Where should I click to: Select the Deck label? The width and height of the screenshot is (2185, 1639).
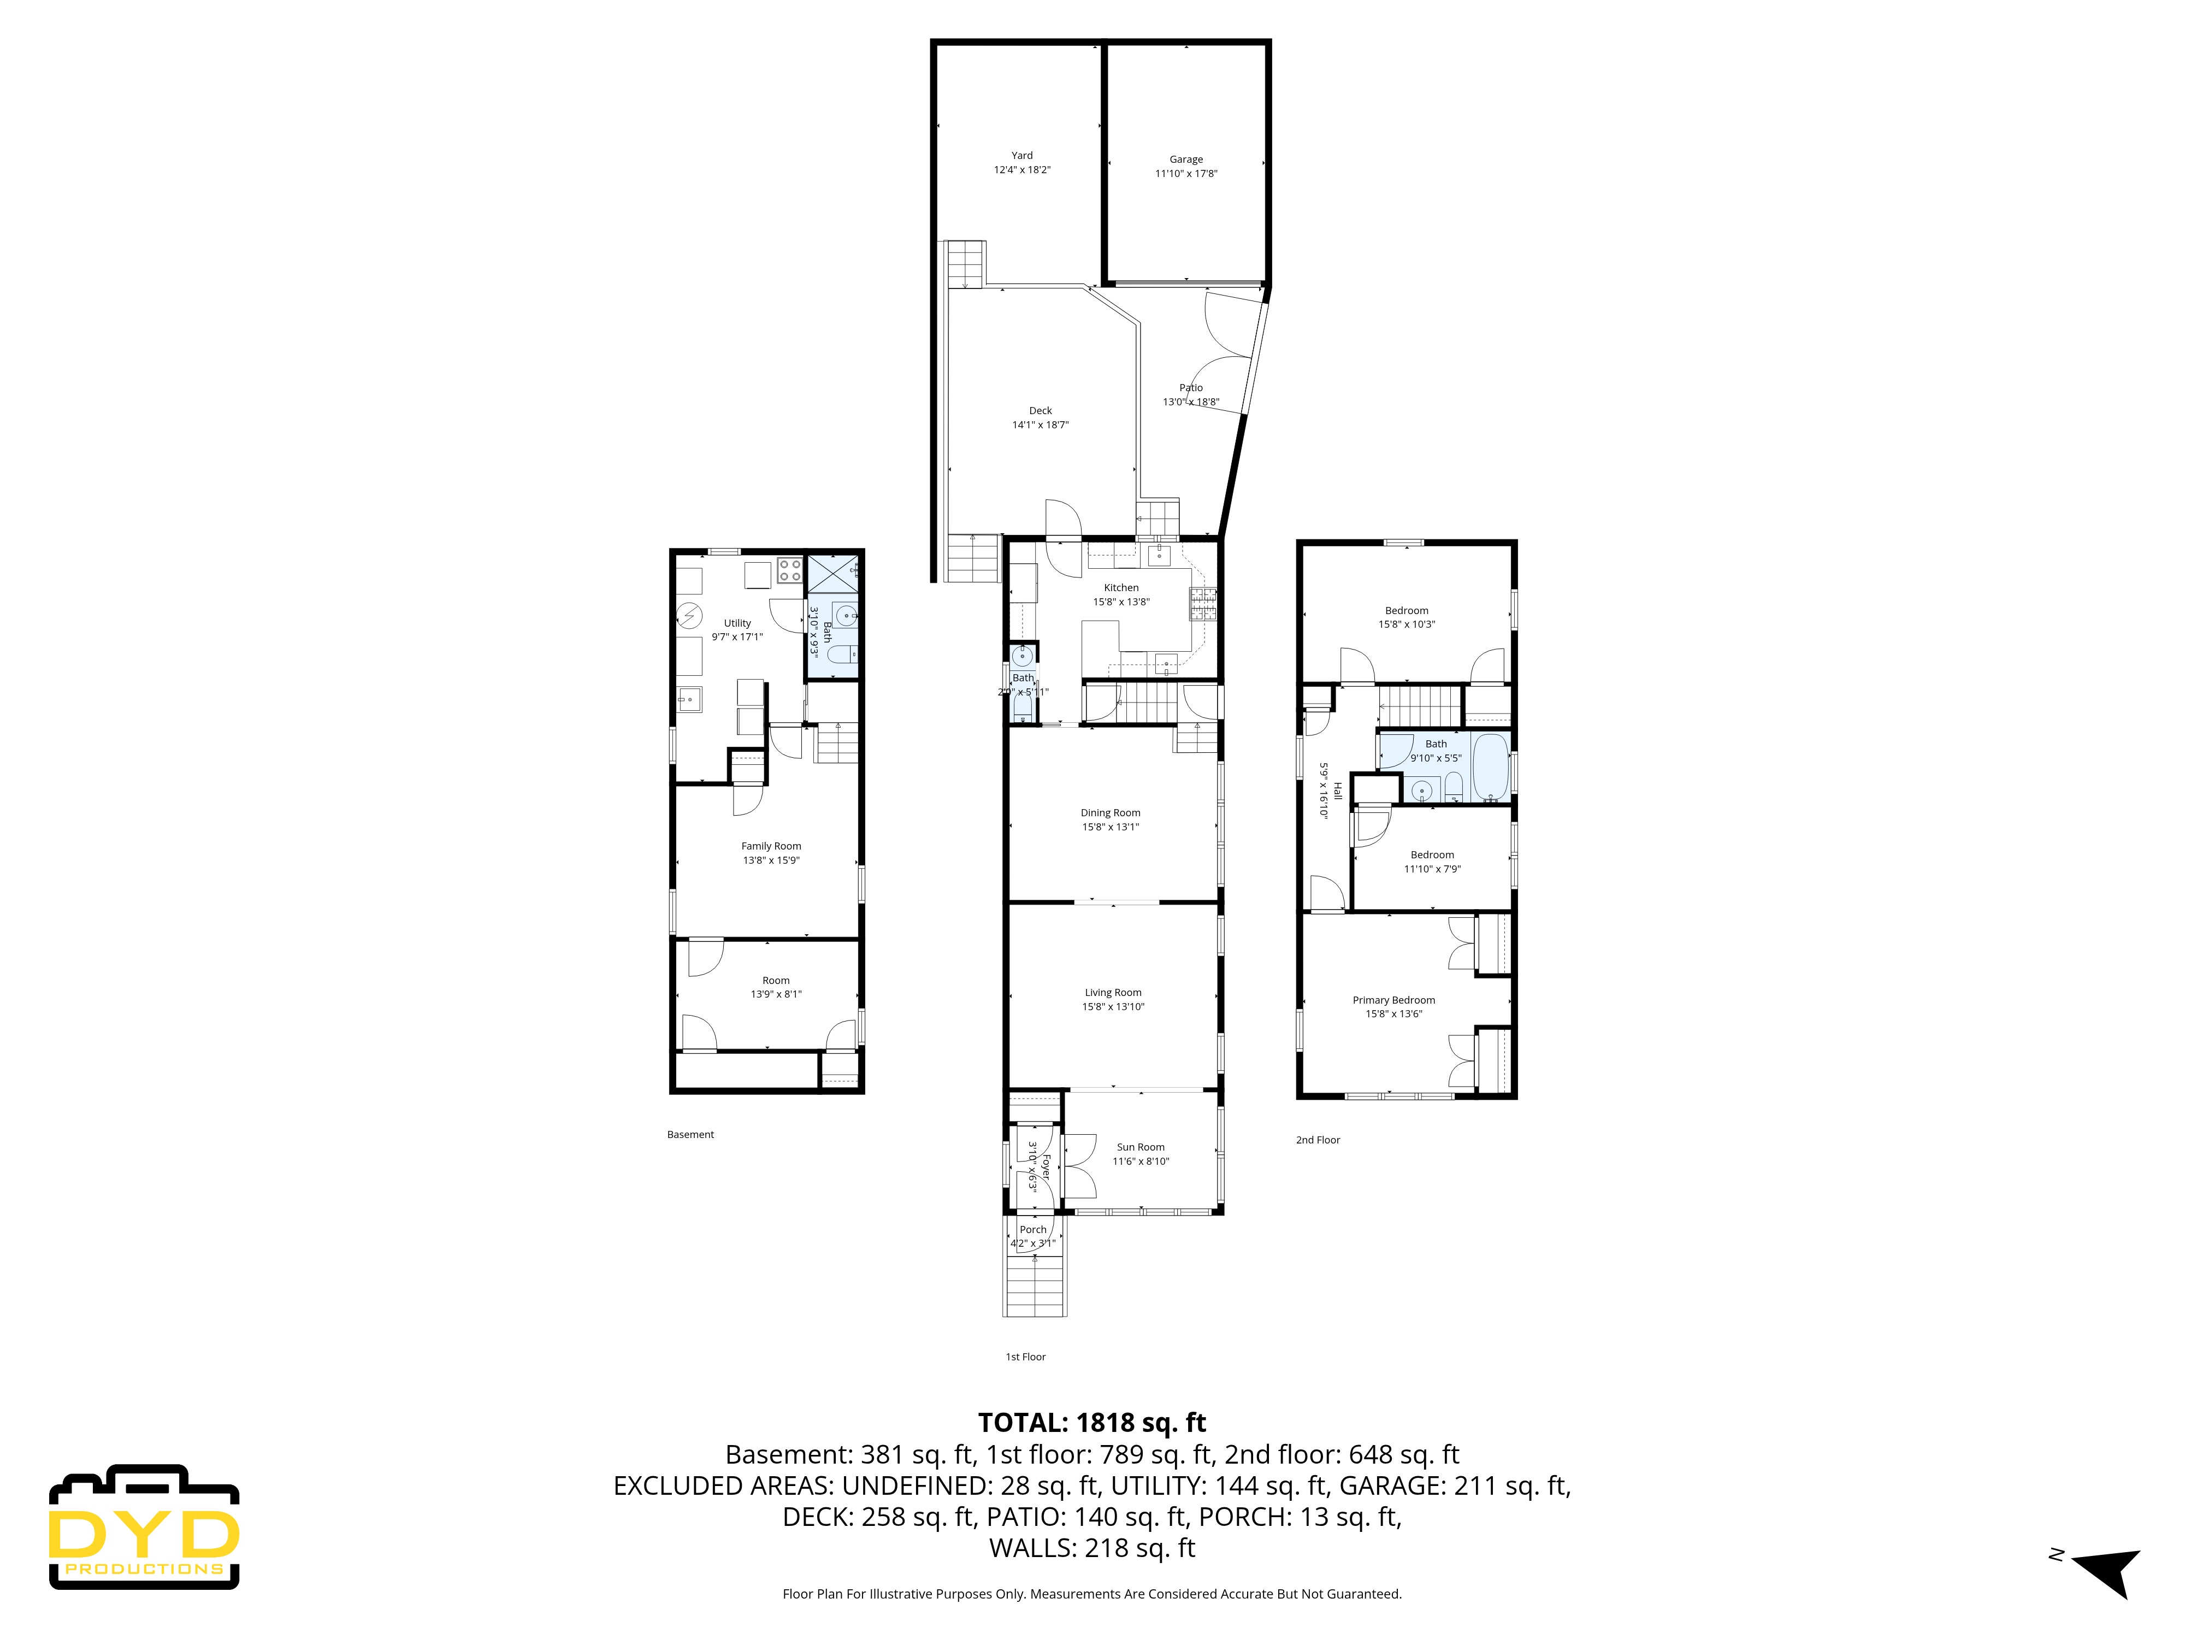tap(1040, 410)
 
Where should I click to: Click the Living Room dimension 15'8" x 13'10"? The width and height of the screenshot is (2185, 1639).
tap(1113, 1007)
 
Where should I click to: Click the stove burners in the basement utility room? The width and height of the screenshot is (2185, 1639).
tap(789, 570)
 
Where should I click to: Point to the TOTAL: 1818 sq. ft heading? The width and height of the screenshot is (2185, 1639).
tap(1091, 1423)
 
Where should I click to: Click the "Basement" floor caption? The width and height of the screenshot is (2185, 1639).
tap(690, 1134)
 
